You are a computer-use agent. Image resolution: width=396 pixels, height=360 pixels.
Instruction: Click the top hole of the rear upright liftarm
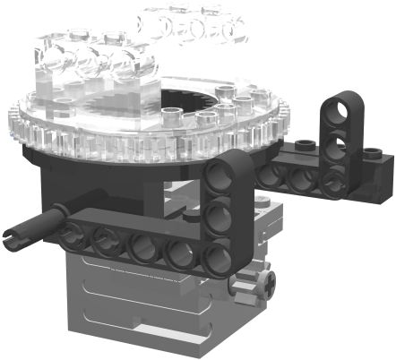tap(341, 108)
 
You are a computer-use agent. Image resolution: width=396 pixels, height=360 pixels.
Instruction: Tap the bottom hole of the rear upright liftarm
tap(335, 180)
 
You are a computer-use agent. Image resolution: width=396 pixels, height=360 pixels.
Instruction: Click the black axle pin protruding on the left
tap(31, 229)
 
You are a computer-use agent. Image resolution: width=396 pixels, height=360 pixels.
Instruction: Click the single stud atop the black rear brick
tap(305, 143)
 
